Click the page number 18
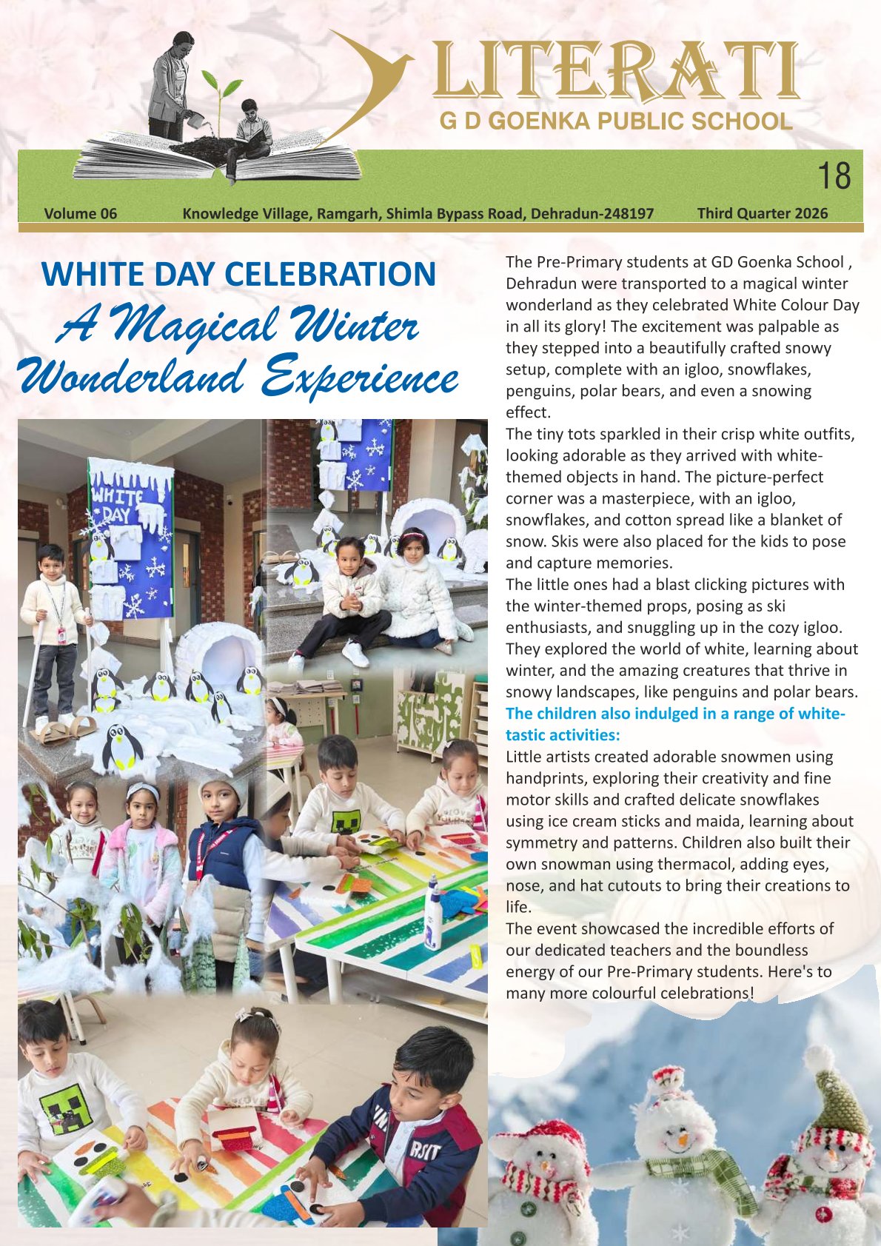[x=834, y=177]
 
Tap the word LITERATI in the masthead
[x=615, y=73]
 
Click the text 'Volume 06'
[x=81, y=214]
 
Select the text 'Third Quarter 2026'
[x=763, y=214]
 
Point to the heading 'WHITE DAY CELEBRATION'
[x=238, y=274]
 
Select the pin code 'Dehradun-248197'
[x=592, y=214]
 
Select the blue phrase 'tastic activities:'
[x=563, y=735]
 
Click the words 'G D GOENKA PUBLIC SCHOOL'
[x=615, y=121]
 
